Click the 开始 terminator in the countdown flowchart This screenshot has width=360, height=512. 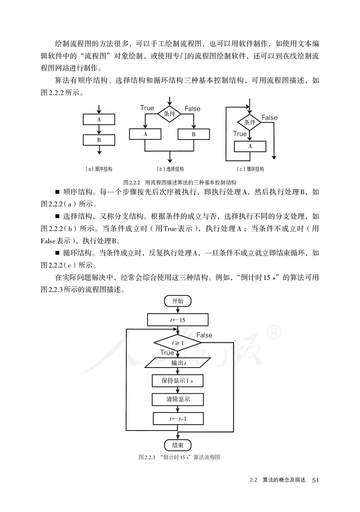tap(178, 301)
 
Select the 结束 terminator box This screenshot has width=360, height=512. tap(178, 445)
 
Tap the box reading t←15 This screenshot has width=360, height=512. tap(178, 319)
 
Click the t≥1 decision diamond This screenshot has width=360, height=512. tap(178, 343)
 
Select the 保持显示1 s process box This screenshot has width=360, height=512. tap(178, 381)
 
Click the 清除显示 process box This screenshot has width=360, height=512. tap(178, 400)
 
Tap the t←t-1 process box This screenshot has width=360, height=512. tap(178, 418)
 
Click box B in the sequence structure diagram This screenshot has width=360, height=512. tap(99, 139)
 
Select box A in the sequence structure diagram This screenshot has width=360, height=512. tap(99, 120)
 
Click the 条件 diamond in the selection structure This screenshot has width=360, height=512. tap(170, 114)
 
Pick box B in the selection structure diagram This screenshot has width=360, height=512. tap(194, 134)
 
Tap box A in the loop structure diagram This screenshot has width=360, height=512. tap(250, 146)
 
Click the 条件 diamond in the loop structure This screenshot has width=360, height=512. tap(250, 122)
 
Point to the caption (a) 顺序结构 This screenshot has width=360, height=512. tap(99, 169)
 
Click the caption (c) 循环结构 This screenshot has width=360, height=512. tap(250, 169)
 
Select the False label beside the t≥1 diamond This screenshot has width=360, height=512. tap(204, 335)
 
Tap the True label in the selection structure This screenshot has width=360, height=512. tap(147, 108)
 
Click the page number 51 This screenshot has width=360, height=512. tap(315, 481)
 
